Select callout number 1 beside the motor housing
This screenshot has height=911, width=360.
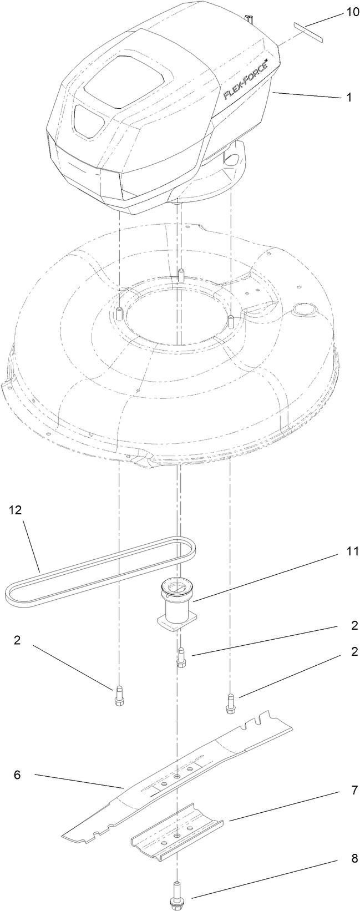(349, 97)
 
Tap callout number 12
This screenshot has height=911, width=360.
(15, 511)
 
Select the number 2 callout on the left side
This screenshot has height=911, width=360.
(17, 640)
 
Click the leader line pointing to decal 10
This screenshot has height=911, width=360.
(322, 25)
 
